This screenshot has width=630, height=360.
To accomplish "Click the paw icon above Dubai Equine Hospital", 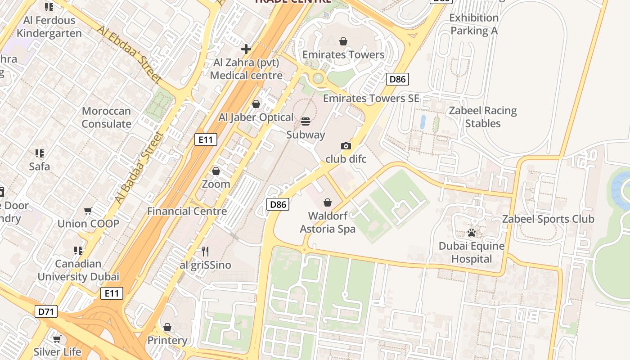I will (x=472, y=233).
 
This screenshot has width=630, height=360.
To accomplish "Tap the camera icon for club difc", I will (x=346, y=146).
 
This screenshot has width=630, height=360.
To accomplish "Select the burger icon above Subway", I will (x=306, y=121).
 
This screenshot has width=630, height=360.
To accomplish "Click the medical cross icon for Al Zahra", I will (x=246, y=49).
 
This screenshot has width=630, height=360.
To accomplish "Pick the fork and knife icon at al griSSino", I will (x=205, y=251).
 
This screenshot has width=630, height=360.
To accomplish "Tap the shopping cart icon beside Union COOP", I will (x=88, y=211).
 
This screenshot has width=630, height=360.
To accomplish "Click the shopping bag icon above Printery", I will (x=167, y=327).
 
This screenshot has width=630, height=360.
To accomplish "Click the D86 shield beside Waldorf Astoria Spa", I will (x=278, y=204).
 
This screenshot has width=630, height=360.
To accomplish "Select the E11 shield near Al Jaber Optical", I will (x=206, y=139).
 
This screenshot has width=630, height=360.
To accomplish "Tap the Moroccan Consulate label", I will (x=106, y=117).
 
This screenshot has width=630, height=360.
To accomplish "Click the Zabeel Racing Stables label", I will (x=483, y=117).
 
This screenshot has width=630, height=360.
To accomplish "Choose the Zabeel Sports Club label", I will (x=548, y=219).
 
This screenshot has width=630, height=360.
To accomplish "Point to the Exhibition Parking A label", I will (x=474, y=24).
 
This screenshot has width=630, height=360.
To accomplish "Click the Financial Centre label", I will (x=187, y=211).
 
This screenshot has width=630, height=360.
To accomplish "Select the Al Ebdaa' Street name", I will (x=129, y=54).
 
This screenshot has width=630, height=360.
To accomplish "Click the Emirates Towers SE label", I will (x=371, y=98).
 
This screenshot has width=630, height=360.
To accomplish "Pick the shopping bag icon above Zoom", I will (x=216, y=171).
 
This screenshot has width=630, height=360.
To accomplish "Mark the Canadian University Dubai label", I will (x=78, y=270).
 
